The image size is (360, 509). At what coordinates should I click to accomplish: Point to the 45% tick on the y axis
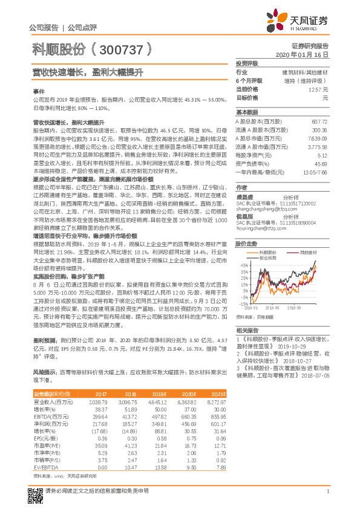(243, 265)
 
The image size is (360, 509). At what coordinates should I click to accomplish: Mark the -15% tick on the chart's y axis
(243, 304)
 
